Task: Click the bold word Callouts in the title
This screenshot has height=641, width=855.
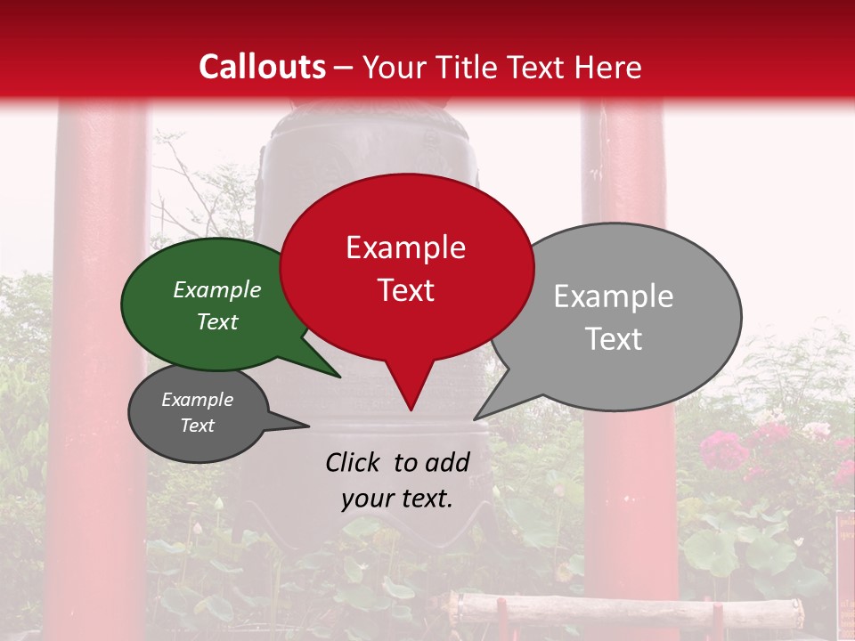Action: pyautogui.click(x=262, y=67)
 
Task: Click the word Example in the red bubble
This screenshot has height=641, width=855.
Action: pyautogui.click(x=405, y=247)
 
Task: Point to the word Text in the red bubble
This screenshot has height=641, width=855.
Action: pyautogui.click(x=405, y=290)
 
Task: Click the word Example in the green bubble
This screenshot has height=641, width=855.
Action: pyautogui.click(x=216, y=290)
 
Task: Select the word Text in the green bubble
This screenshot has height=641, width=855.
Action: pyautogui.click(x=216, y=321)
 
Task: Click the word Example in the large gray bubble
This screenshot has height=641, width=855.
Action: pyautogui.click(x=613, y=296)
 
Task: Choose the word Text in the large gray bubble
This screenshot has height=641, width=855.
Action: pyautogui.click(x=613, y=339)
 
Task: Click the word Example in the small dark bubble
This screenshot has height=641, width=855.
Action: pyautogui.click(x=197, y=400)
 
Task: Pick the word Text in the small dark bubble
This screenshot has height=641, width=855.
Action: pyautogui.click(x=197, y=426)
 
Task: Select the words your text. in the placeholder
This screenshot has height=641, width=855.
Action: pyautogui.click(x=396, y=499)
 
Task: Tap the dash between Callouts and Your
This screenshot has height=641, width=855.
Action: pyautogui.click(x=345, y=67)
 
